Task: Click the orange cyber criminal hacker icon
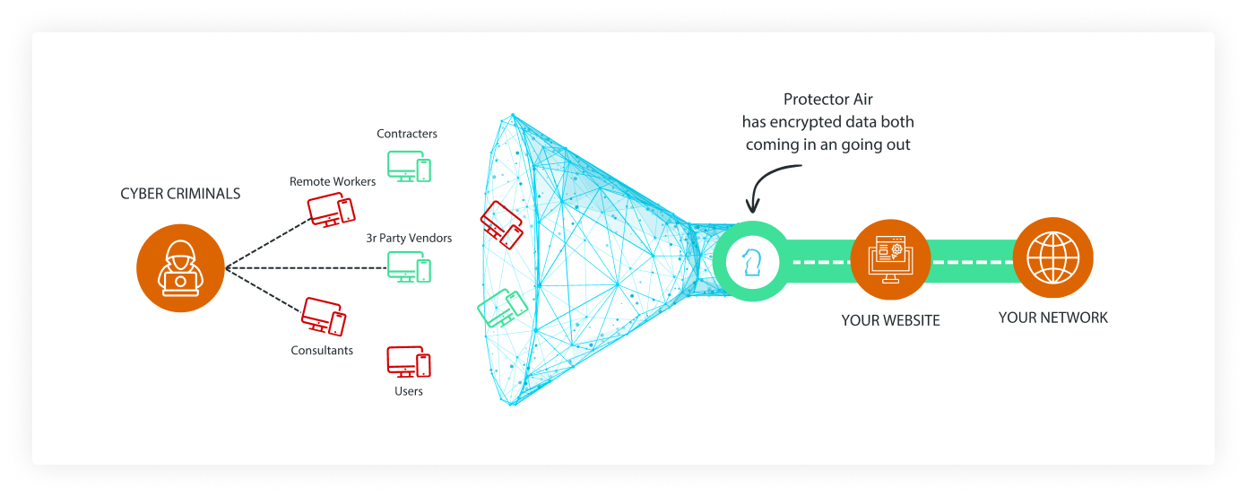coord(180,267)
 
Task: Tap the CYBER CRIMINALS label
coord(180,194)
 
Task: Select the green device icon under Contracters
coord(409,166)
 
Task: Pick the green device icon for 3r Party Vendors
coord(409,266)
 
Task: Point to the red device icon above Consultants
coord(324,316)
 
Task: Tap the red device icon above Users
coord(409,362)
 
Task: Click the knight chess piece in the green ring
coord(751,262)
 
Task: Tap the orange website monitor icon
coord(889,262)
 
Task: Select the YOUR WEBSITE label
coord(890,320)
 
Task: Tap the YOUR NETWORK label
coord(1052,318)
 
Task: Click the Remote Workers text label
coord(333,182)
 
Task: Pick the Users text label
coord(409,392)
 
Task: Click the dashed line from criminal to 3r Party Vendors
coord(305,267)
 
